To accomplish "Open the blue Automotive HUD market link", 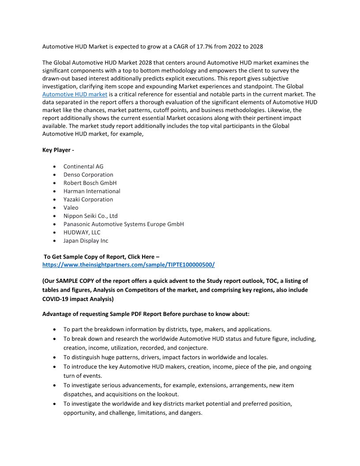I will (75, 94).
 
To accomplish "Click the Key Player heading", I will (58, 150).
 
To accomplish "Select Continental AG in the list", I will (83, 166).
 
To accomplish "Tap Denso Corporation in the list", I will (88, 175).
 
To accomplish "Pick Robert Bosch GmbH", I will (90, 183).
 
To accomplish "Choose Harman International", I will (92, 191).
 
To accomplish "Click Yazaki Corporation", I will (88, 199).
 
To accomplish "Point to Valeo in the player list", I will (71, 207).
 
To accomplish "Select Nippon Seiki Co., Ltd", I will (90, 216).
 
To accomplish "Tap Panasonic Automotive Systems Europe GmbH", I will (124, 224).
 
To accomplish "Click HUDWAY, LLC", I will (82, 233).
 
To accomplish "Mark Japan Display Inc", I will (86, 241).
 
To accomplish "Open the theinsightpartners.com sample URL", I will (128, 265).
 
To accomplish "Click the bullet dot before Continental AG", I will (54, 167).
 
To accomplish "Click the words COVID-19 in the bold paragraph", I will (57, 299).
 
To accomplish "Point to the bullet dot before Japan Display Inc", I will (54, 241).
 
